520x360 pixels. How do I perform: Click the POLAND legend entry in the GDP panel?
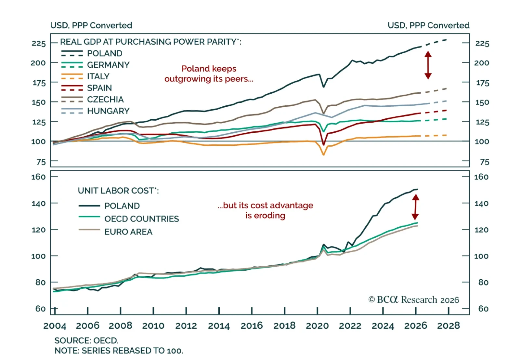tap(105, 53)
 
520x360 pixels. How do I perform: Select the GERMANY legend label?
tap(108, 65)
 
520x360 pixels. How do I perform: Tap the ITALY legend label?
tap(98, 76)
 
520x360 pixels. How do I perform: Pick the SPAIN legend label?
tap(99, 88)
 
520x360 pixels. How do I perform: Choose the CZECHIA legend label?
tap(105, 100)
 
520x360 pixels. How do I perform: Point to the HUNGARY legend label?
tap(108, 111)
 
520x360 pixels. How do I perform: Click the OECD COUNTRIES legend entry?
tap(142, 219)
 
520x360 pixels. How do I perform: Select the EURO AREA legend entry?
tap(128, 232)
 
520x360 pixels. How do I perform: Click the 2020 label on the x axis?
tap(317, 326)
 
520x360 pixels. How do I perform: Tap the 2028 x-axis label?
tap(448, 326)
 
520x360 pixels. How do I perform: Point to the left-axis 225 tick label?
tap(39, 44)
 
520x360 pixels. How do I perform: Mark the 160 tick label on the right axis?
tap(481, 177)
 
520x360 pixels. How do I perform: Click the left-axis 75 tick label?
tap(41, 162)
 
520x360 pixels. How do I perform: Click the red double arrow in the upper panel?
tap(428, 65)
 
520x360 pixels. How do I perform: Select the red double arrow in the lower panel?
tap(415, 207)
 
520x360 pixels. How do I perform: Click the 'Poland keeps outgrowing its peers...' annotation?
tap(209, 74)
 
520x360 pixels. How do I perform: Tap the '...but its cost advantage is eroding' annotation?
tap(265, 210)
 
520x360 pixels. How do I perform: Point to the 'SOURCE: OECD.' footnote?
tap(86, 340)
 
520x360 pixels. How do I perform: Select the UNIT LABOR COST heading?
tap(118, 191)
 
